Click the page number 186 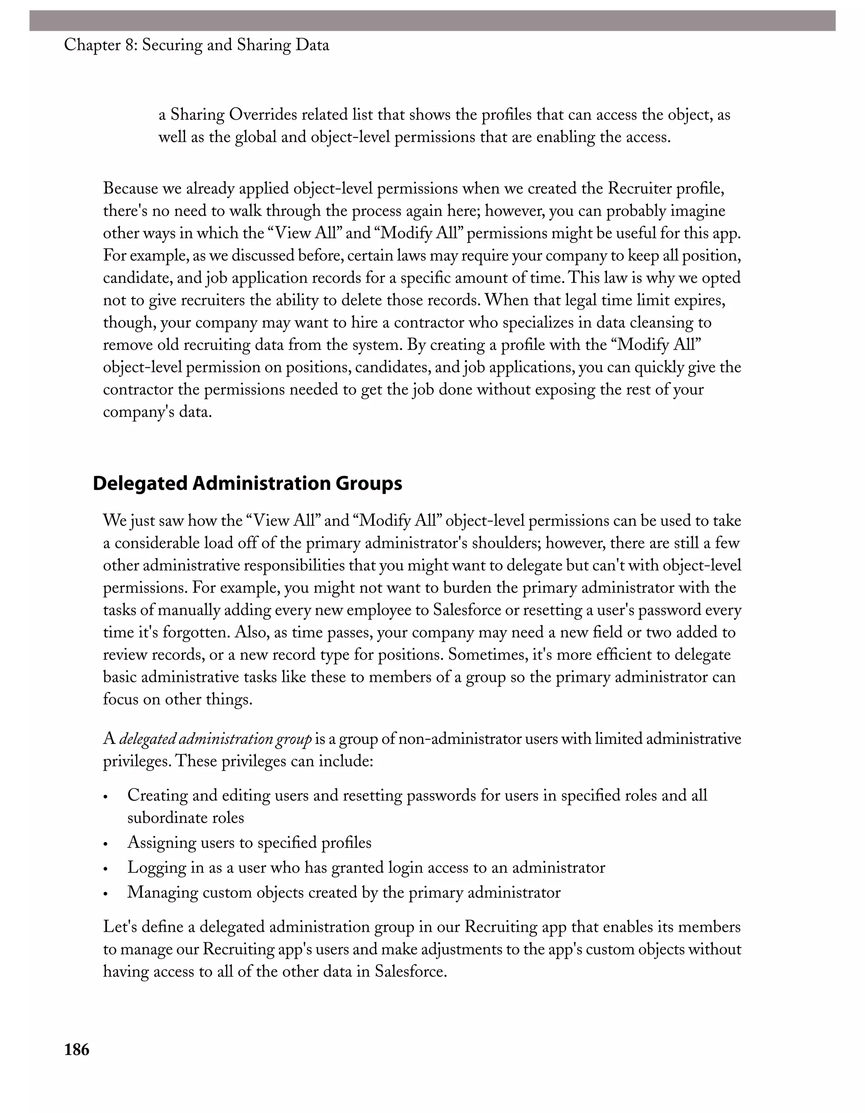click(x=76, y=1050)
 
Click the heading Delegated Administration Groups click(x=247, y=483)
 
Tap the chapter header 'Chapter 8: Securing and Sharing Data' click(x=196, y=45)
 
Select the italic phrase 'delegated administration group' click(x=215, y=739)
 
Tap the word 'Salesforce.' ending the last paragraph click(x=411, y=971)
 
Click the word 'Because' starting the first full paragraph click(x=131, y=189)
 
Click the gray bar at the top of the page click(x=432, y=21)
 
